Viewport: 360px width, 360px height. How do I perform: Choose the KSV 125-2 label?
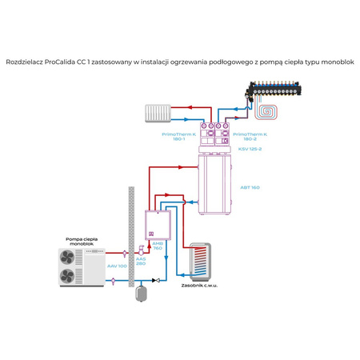tap(249, 150)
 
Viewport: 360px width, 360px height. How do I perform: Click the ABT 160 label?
tap(249, 186)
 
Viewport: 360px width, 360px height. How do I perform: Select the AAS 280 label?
tap(140, 262)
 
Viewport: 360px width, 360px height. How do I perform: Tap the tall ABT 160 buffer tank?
tap(214, 186)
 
